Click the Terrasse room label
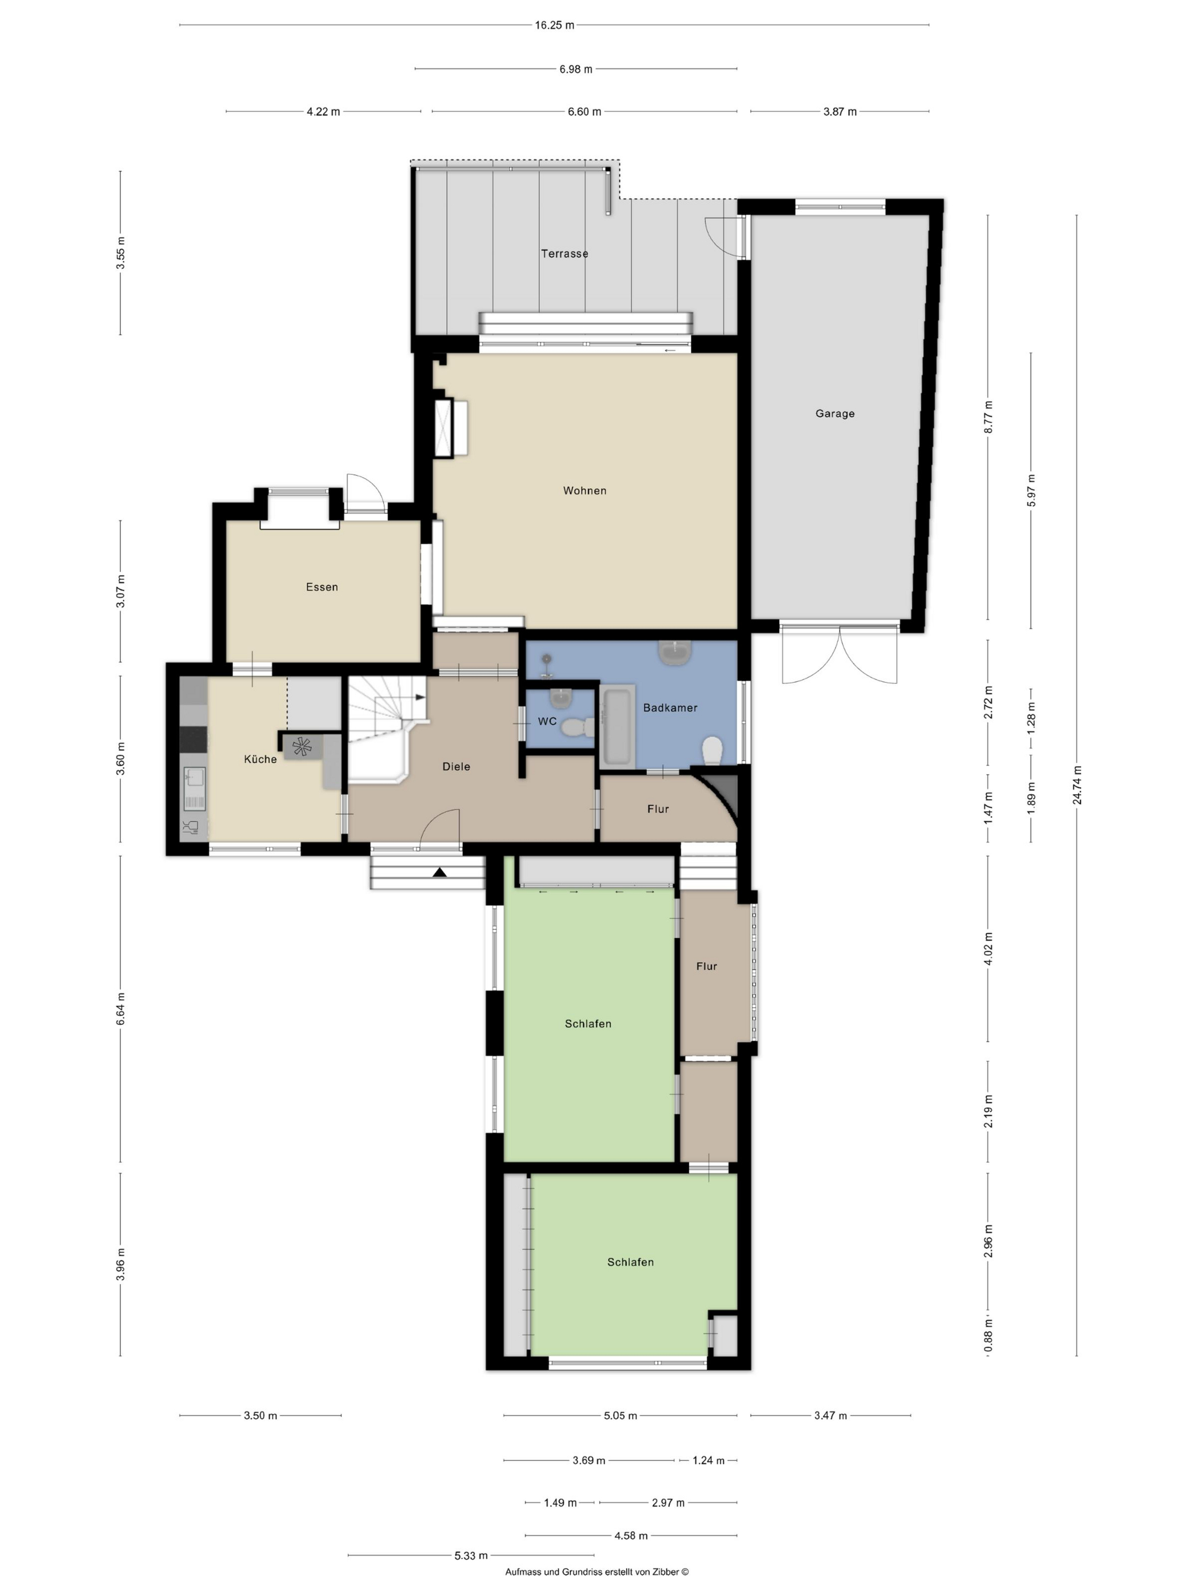click(x=564, y=253)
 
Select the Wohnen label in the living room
click(x=584, y=491)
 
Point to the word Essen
click(x=322, y=587)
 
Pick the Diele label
click(x=456, y=766)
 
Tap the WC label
click(x=547, y=721)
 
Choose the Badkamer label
click(x=670, y=708)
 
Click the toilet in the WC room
click(x=578, y=727)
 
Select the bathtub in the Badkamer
click(x=617, y=725)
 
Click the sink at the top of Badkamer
click(x=675, y=653)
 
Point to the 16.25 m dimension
click(x=554, y=25)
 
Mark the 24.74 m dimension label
click(x=1077, y=784)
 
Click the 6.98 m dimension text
click(x=576, y=70)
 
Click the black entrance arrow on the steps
click(x=439, y=872)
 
